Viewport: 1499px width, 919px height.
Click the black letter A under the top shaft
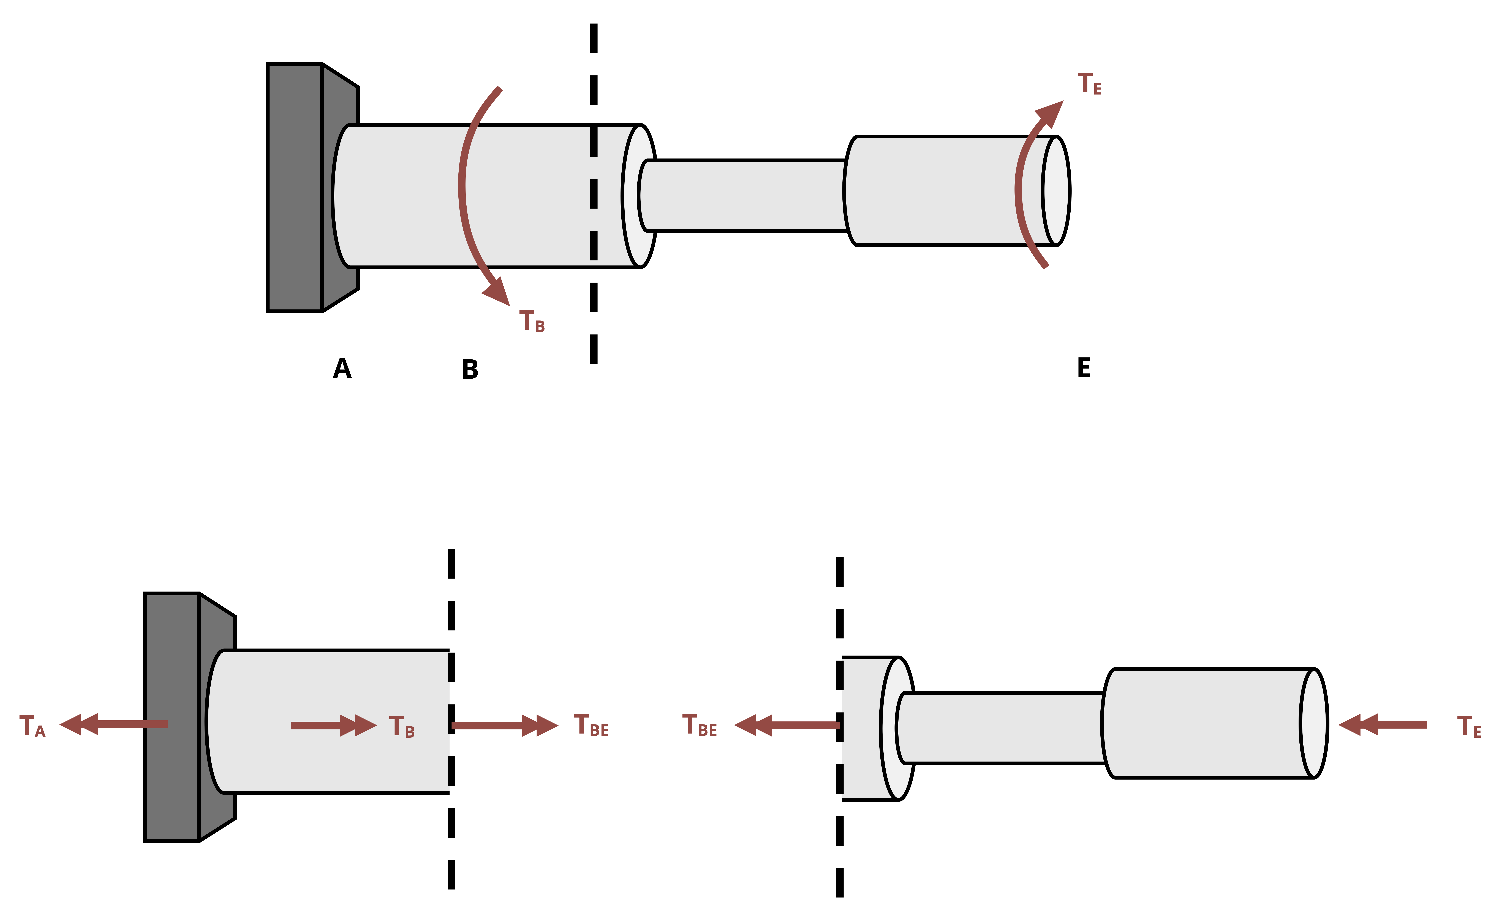[342, 368]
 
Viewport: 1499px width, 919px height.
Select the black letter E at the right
[1084, 368]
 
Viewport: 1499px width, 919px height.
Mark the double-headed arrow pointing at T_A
[113, 724]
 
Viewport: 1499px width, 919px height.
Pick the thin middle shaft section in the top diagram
[745, 195]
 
